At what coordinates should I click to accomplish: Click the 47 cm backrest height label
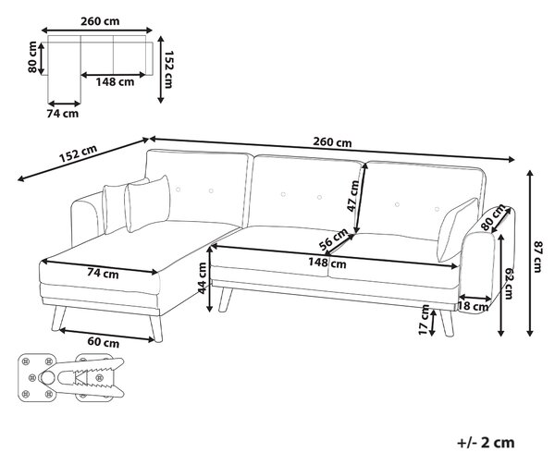(x=353, y=196)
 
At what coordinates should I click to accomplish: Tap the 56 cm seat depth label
(x=333, y=239)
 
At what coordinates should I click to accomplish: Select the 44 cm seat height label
(x=202, y=278)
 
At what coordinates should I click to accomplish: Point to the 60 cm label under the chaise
(x=104, y=342)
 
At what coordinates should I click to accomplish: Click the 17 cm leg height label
(x=424, y=320)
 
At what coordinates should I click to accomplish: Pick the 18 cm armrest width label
(x=474, y=306)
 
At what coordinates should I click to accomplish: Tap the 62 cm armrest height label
(x=509, y=283)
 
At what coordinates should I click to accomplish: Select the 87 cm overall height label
(x=537, y=257)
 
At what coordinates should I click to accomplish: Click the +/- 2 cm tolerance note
(x=486, y=443)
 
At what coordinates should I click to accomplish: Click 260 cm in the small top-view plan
(x=100, y=21)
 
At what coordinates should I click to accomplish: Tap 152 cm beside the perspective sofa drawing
(x=78, y=153)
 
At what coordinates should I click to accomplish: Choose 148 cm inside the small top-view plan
(x=115, y=82)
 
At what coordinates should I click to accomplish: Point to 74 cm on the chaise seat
(x=103, y=274)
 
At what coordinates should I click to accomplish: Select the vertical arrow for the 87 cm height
(x=529, y=253)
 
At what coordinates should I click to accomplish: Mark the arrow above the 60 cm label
(x=106, y=336)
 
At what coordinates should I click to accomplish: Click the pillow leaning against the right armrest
(x=457, y=230)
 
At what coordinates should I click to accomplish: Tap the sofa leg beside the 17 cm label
(x=447, y=323)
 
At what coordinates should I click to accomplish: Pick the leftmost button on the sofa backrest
(x=178, y=190)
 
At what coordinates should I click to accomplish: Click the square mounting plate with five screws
(x=37, y=378)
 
